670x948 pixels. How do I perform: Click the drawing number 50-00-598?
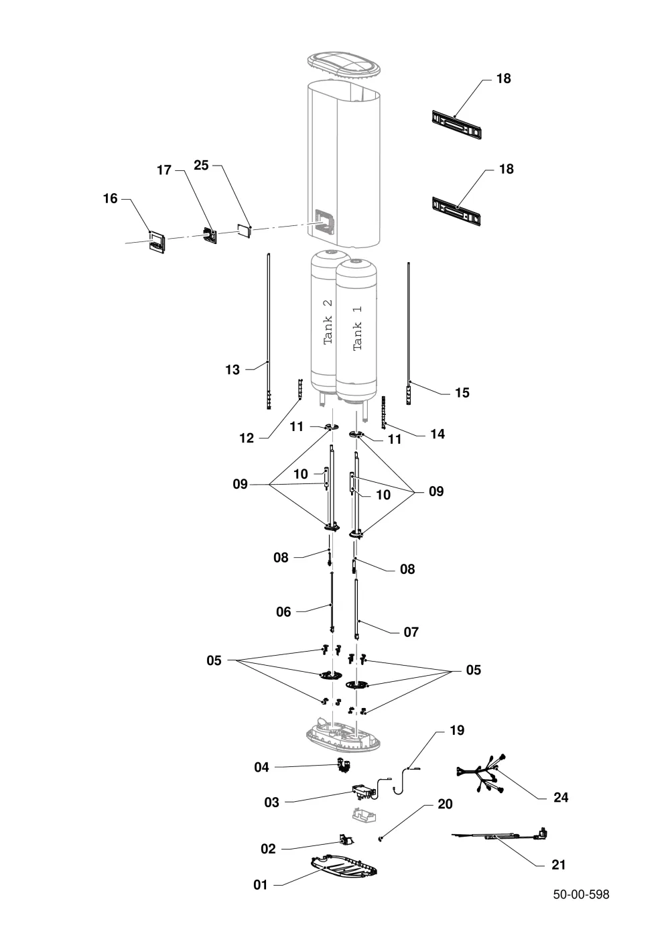click(581, 894)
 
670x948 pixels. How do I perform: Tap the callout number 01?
click(261, 885)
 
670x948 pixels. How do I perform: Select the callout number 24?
click(561, 797)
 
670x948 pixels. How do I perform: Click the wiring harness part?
click(481, 774)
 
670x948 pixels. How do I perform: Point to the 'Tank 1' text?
click(357, 328)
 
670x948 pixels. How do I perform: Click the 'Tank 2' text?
click(328, 322)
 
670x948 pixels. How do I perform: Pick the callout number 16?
click(111, 198)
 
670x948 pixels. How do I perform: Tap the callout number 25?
click(202, 165)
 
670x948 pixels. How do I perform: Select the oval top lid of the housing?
click(344, 64)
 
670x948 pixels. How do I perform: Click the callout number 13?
click(232, 369)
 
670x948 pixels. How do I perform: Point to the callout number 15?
click(462, 392)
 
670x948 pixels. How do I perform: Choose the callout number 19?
click(457, 730)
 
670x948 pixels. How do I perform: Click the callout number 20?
click(445, 804)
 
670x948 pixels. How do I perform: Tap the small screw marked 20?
click(381, 838)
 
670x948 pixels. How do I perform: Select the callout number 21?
click(559, 865)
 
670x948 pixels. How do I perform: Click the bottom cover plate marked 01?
click(344, 866)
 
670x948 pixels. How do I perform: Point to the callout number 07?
click(411, 632)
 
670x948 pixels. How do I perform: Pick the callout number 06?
click(283, 611)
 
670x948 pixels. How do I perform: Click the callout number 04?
click(261, 767)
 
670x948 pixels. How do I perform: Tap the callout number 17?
click(164, 170)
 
